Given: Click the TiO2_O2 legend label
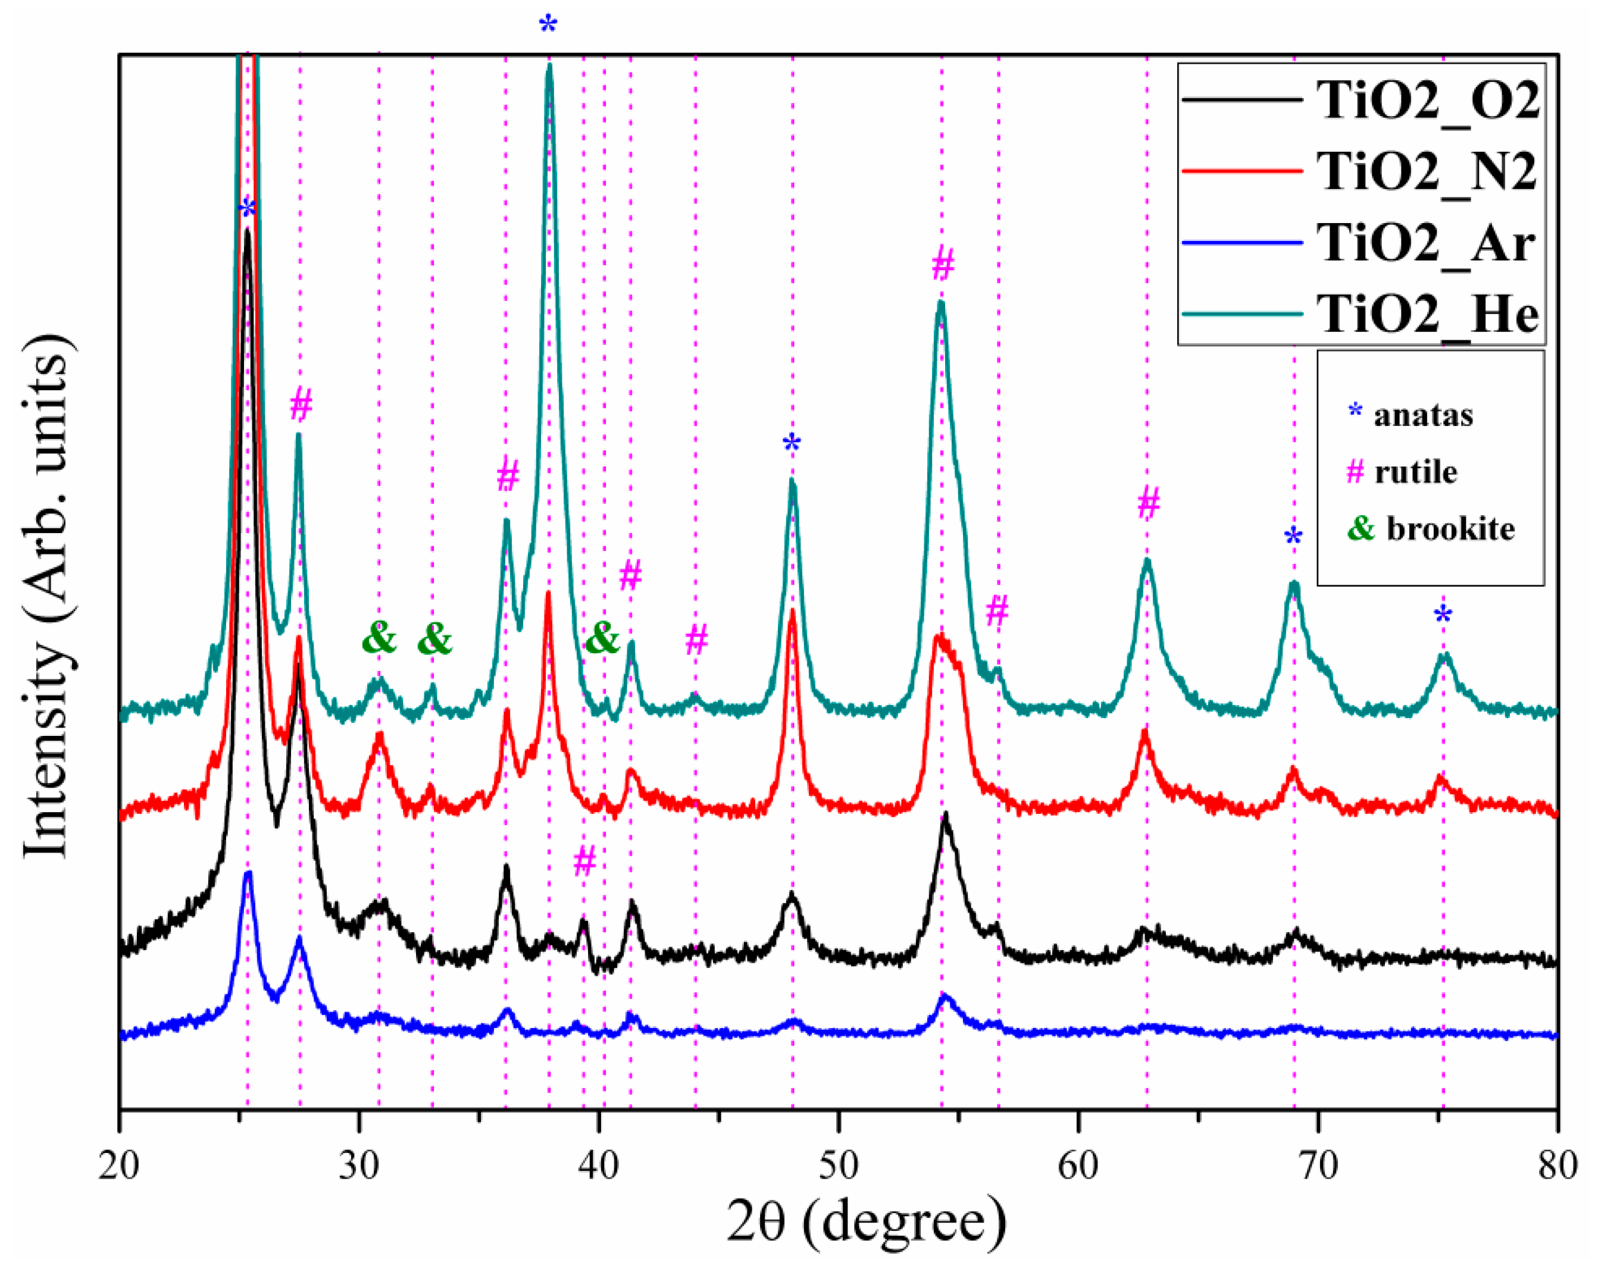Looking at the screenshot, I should pos(1427,100).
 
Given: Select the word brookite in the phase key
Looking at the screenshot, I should pos(1450,529).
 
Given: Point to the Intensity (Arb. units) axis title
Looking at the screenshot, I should pos(48,596).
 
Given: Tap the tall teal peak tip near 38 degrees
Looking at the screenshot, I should pos(549,67).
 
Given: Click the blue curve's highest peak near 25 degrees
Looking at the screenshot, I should pos(248,874).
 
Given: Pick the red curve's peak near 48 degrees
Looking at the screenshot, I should pos(792,611).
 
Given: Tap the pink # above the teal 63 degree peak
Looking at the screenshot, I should pos(1148,504).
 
